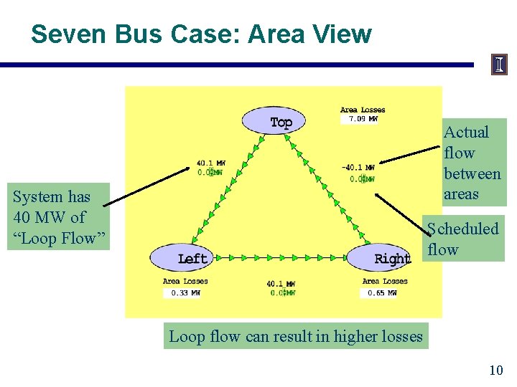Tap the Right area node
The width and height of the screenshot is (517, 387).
click(x=381, y=258)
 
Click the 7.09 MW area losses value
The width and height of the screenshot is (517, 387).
click(x=363, y=119)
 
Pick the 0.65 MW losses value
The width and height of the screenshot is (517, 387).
click(x=381, y=292)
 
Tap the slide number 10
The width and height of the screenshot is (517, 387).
click(x=495, y=370)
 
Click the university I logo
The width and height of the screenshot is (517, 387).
click(x=500, y=64)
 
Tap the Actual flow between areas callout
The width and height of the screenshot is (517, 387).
click(x=472, y=163)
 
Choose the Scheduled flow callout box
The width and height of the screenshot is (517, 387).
click(x=463, y=239)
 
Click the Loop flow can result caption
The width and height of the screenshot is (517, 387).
click(x=296, y=335)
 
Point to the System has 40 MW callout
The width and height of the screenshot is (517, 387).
click(x=58, y=217)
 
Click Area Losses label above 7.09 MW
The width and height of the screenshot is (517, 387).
click(x=363, y=110)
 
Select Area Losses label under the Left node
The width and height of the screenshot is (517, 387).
click(x=185, y=282)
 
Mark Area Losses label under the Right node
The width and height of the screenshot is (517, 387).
click(x=385, y=282)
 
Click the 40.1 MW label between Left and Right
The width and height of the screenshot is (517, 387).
click(x=281, y=284)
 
